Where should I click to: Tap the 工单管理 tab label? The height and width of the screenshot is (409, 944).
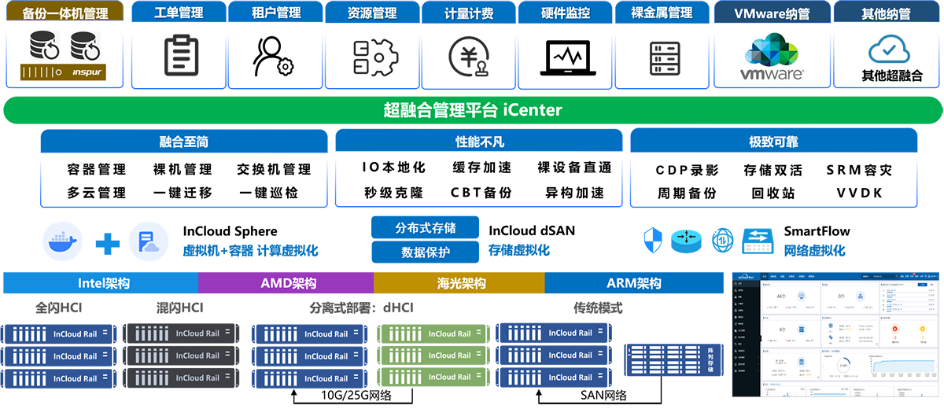pos(179,13)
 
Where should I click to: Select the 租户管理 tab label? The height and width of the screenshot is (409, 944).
pos(275,13)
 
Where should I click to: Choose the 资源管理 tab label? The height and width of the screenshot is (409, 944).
pos(372,13)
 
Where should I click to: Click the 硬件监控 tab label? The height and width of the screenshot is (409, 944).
pos(566,13)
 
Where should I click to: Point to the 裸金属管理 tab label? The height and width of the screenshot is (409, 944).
pos(662,13)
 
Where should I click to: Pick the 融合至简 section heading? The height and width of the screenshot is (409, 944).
pos(183,142)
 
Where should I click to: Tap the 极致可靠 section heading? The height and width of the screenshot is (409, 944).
pos(773,142)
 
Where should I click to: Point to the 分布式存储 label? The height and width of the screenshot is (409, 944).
pos(425,228)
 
